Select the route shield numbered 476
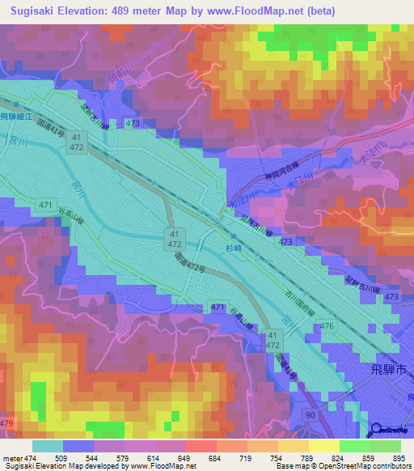click(x=327, y=326)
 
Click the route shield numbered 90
click(x=310, y=415)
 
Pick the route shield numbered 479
click(x=7, y=423)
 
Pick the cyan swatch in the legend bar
click(x=48, y=446)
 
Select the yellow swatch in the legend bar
click(x=323, y=446)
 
